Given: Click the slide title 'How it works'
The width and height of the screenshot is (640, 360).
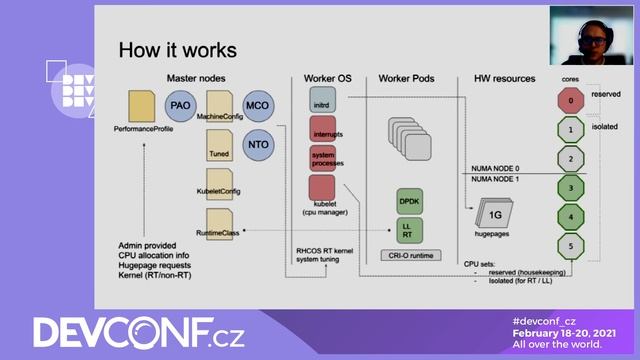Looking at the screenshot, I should point(177,50).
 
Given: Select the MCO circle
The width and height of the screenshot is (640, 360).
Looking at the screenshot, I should point(257,104).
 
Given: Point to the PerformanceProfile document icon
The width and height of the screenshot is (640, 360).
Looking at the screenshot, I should point(143,105).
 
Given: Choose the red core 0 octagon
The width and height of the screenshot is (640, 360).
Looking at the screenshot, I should point(569,101).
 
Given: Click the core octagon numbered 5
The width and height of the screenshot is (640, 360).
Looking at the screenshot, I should point(569,243).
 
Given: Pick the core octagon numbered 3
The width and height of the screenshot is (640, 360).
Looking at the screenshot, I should point(569,187).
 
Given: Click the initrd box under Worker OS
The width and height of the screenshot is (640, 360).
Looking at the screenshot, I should point(322,100).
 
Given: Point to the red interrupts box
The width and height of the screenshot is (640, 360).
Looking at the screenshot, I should point(322,130).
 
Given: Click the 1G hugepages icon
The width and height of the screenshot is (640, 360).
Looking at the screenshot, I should point(494,214).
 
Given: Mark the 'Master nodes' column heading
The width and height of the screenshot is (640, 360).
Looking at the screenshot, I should point(196,78).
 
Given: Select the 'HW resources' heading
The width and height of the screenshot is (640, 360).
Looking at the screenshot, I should point(504,78).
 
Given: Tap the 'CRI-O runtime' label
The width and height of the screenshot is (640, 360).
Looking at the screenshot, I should point(411,257).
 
